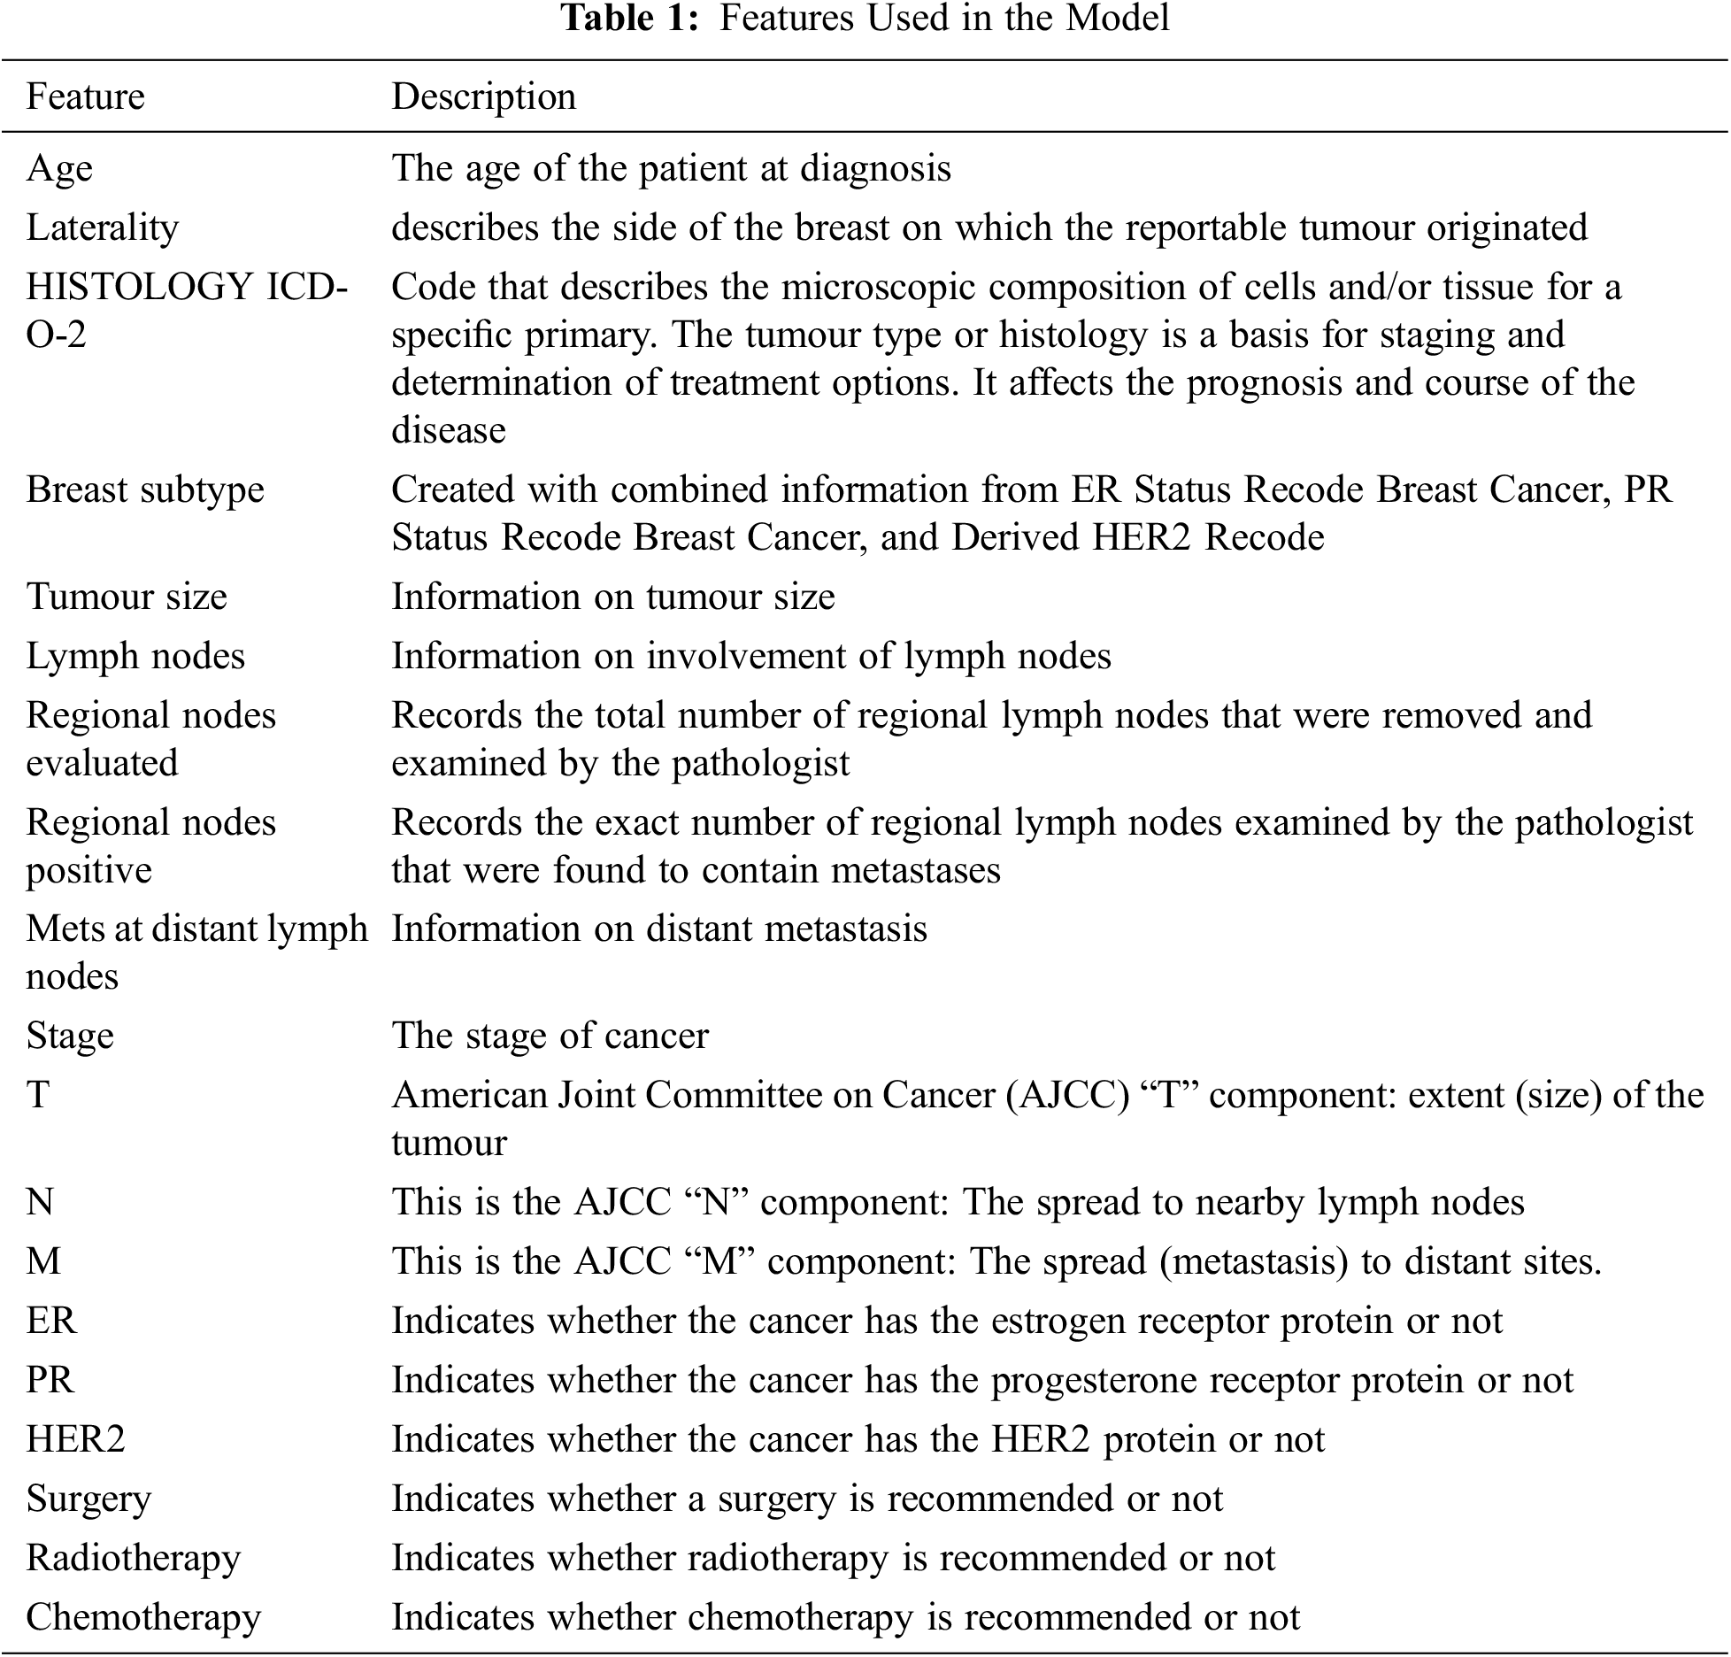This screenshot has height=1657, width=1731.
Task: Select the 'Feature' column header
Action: point(85,96)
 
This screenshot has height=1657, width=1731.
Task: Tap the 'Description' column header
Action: point(483,96)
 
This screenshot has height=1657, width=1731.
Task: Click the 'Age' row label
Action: point(58,168)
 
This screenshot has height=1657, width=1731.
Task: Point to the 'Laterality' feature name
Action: point(102,227)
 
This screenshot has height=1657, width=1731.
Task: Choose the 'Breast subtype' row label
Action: point(145,489)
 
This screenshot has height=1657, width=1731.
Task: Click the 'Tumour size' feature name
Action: point(127,597)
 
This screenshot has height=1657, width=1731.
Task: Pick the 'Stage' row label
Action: point(70,1036)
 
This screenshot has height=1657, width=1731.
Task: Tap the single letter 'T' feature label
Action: point(37,1095)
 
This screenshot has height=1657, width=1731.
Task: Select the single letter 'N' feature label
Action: point(40,1202)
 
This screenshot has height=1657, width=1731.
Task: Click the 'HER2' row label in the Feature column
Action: point(75,1439)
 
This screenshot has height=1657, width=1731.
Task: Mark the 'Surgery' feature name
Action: point(88,1499)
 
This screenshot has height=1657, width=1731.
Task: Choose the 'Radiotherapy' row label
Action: point(133,1558)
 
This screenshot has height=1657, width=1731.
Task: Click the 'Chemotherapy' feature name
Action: point(143,1617)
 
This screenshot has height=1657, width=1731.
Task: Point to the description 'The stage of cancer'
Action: point(550,1036)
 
